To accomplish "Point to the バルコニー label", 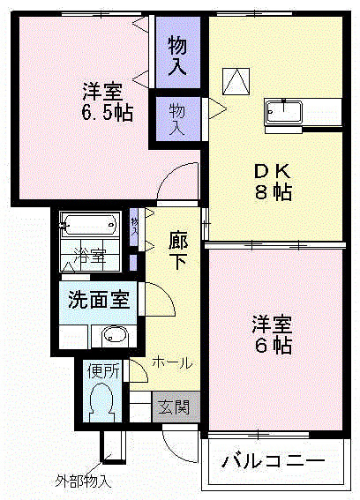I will pos(274,461).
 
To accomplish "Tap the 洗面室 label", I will pos(99,299).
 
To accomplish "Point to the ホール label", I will pos(172,362).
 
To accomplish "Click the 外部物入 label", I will pos(84,482).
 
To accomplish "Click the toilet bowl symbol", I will pos(102,401).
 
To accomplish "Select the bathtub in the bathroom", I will pos(90,226).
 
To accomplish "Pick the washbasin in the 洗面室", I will pos(114,334).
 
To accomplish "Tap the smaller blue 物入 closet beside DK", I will pos(177,116).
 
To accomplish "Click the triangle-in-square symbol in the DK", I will pos(236,81).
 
